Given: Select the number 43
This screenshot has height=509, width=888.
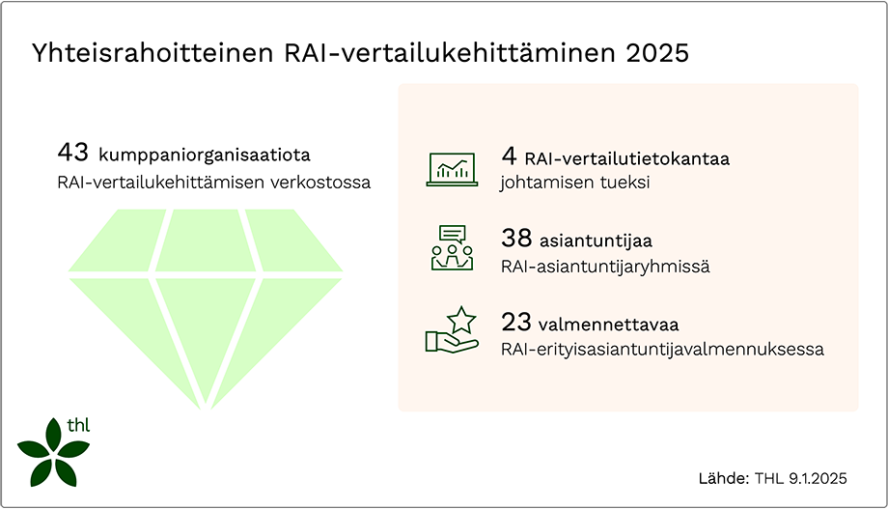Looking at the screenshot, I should point(73,153).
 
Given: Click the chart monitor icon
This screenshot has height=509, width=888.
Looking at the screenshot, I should point(451,168).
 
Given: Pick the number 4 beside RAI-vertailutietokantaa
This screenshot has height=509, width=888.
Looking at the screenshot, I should point(509,156).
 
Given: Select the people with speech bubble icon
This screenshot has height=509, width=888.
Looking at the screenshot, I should point(451,248).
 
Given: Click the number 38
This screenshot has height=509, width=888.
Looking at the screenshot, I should point(516,239).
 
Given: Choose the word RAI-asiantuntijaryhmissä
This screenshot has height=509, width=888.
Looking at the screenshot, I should point(605,267).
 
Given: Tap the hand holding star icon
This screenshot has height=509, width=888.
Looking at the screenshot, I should point(451,330).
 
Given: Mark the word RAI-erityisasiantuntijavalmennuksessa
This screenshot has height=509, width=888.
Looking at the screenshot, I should point(662,350).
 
